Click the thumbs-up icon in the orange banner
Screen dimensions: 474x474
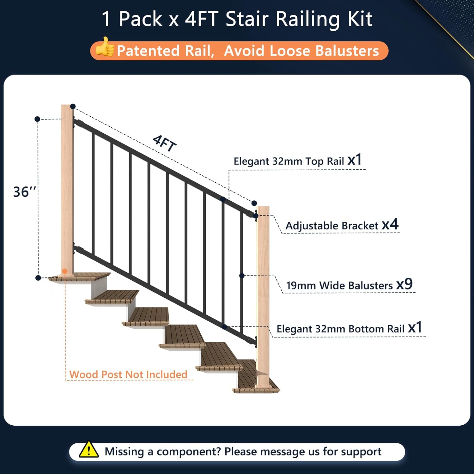pyautogui.click(x=105, y=47)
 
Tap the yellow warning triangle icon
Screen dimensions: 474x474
pyautogui.click(x=89, y=449)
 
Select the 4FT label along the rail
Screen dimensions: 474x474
pyautogui.click(x=164, y=143)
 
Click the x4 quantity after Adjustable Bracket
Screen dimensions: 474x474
pyautogui.click(x=390, y=224)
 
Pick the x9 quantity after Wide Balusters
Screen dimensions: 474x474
pyautogui.click(x=404, y=284)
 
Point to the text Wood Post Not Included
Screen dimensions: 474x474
pyautogui.click(x=128, y=374)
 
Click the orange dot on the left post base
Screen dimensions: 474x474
pyautogui.click(x=65, y=271)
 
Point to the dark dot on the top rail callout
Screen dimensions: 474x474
pyautogui.click(x=223, y=199)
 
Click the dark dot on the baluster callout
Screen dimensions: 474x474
pyautogui.click(x=242, y=276)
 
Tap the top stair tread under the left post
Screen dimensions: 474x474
pyautogui.click(x=79, y=277)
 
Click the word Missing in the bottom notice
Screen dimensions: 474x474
pyautogui.click(x=124, y=452)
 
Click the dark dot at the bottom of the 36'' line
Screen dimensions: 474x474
pyautogui.click(x=38, y=278)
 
